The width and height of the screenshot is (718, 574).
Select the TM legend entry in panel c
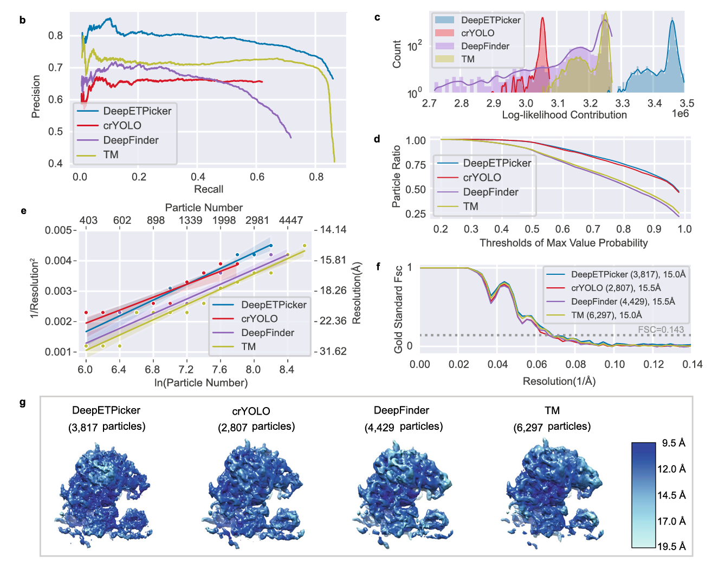[468, 59]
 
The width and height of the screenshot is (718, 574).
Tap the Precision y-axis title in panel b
[36, 96]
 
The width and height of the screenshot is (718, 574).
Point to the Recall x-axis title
[209, 189]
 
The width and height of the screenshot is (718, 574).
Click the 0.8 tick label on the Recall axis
[316, 177]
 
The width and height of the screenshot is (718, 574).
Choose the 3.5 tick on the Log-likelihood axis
[687, 103]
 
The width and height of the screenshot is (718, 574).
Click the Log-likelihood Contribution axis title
[564, 115]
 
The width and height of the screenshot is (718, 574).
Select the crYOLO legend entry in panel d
[482, 177]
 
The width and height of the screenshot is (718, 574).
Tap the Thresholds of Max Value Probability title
[564, 243]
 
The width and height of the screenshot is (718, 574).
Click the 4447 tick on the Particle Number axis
[291, 220]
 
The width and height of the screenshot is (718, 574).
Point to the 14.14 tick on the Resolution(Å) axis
[333, 229]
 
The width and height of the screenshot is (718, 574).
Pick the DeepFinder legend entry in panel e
[267, 332]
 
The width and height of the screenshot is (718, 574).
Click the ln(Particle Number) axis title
[201, 383]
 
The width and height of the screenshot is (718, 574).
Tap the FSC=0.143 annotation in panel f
[661, 330]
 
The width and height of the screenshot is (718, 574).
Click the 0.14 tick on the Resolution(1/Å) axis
[693, 364]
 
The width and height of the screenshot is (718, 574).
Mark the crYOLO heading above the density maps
[251, 411]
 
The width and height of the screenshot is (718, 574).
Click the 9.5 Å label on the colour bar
[674, 443]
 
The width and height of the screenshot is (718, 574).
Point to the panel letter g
[23, 402]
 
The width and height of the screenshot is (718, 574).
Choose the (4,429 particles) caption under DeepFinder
[403, 427]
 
